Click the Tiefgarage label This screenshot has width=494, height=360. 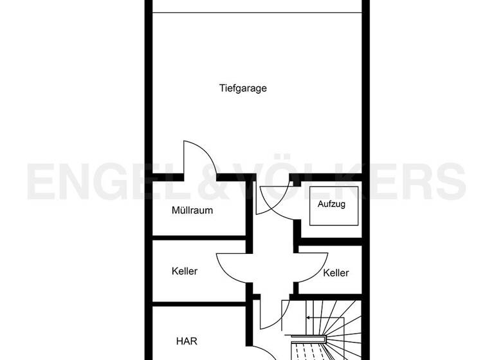click(242, 89)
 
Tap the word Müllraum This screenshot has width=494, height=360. click(192, 210)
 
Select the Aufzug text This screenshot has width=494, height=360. click(332, 204)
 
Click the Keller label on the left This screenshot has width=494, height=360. click(185, 271)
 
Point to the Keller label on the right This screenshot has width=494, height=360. click(336, 273)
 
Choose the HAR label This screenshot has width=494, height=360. click(187, 341)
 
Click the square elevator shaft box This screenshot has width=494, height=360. click(333, 206)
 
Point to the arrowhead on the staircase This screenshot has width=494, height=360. click(308, 318)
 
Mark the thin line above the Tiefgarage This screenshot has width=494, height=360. click(257, 12)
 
